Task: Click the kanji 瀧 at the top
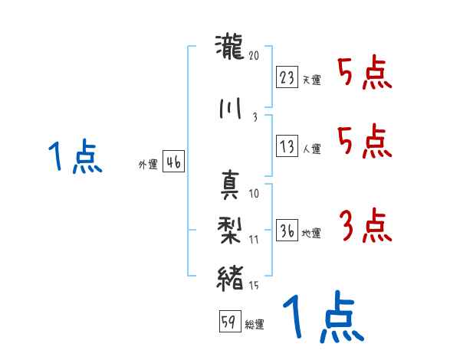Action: (230, 49)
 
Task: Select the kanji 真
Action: (230, 183)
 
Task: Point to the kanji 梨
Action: (230, 228)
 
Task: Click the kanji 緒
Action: (230, 275)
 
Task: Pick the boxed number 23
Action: (287, 77)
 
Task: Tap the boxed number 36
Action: (287, 231)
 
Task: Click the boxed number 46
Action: (173, 162)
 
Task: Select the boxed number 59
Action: (228, 322)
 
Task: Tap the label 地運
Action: (311, 234)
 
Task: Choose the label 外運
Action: (147, 165)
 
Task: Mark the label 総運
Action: (255, 325)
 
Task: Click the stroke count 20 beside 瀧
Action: (255, 55)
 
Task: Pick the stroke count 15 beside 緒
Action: (255, 286)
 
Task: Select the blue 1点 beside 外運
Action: (74, 158)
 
